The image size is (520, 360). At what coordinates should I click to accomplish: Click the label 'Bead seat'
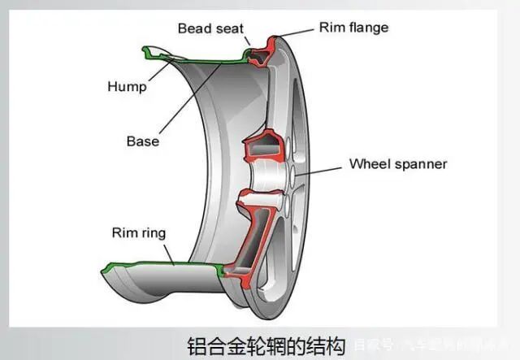210,28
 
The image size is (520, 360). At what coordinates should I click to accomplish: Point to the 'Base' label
143,141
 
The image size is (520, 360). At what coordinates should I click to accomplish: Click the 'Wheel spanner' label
398,163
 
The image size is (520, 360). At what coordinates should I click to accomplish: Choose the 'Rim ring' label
138,233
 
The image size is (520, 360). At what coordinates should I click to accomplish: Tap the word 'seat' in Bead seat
228,28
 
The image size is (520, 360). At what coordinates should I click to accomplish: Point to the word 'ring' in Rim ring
153,233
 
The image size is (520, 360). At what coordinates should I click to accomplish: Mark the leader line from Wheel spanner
321,168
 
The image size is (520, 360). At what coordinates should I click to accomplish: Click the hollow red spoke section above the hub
265,150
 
